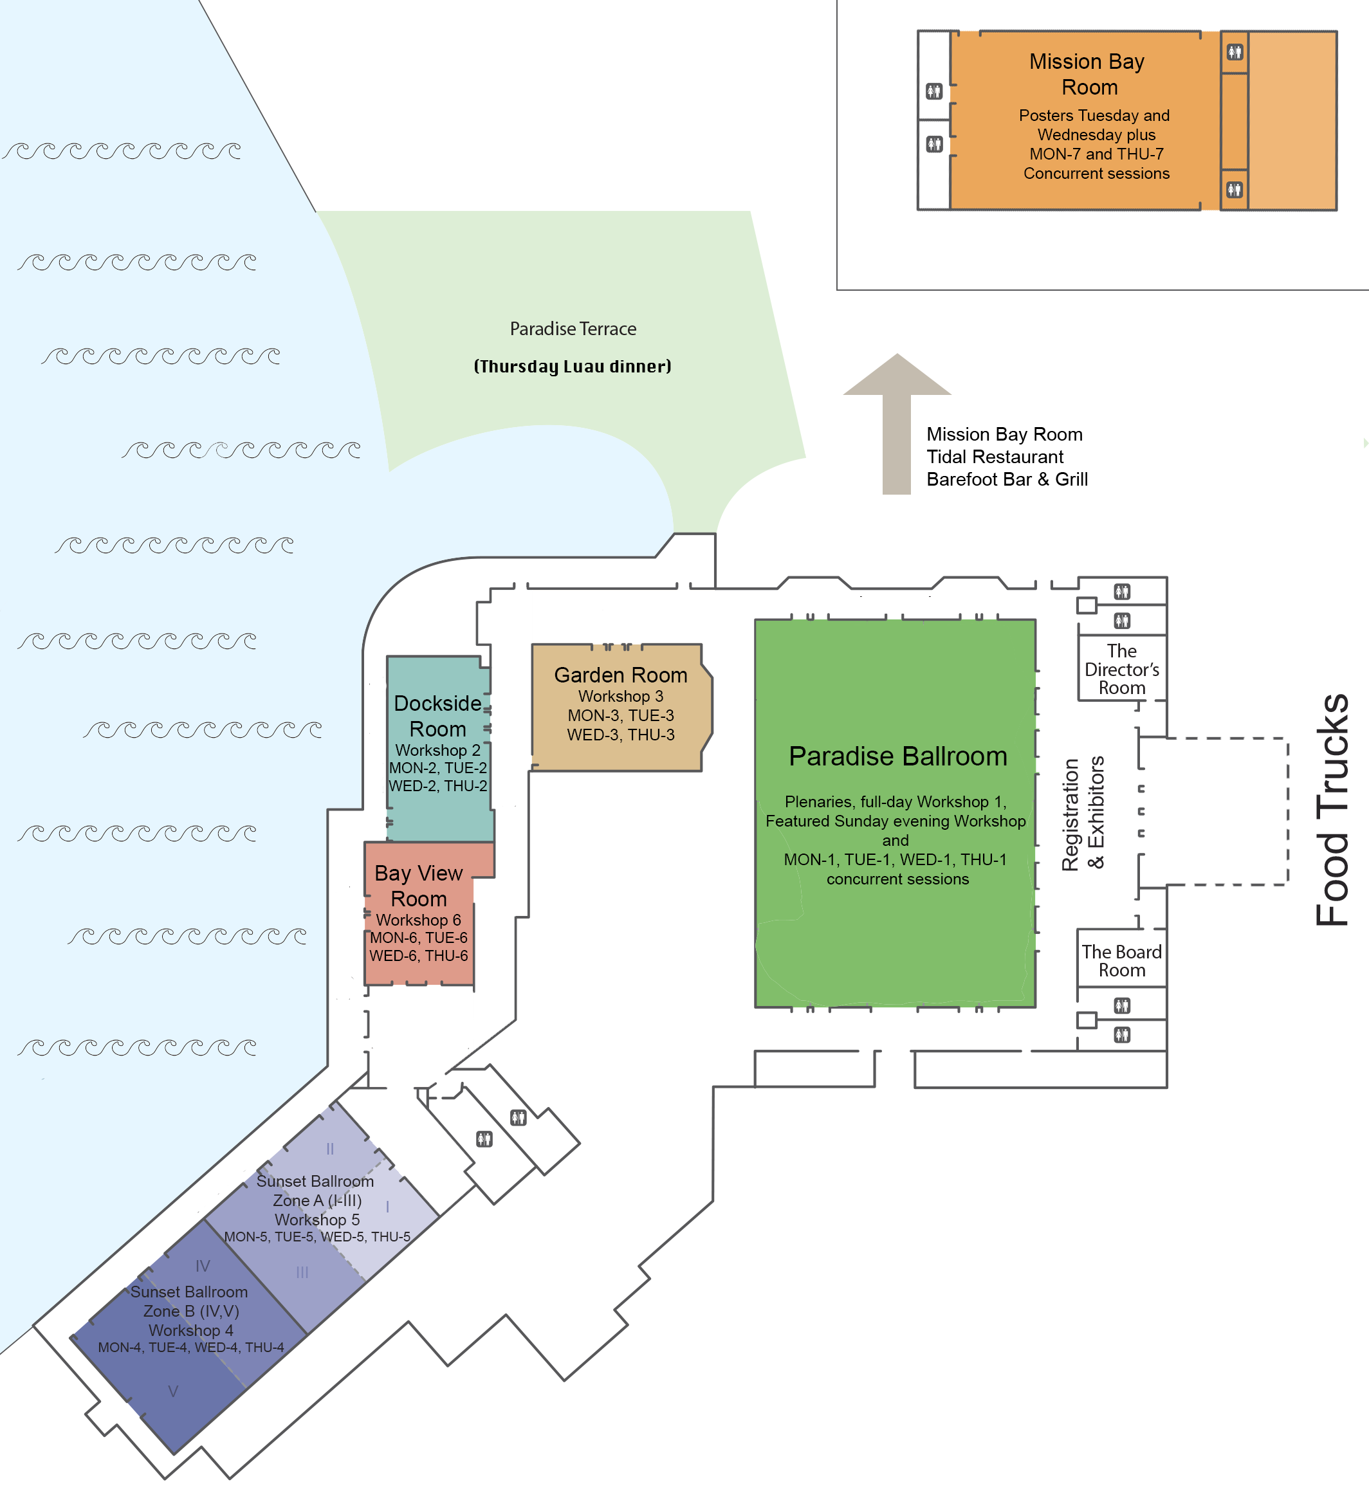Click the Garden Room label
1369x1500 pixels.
tap(621, 675)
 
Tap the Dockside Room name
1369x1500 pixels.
tap(437, 716)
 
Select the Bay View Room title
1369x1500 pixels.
tap(418, 886)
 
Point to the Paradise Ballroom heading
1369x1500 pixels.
tap(897, 756)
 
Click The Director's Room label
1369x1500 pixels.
tap(1122, 670)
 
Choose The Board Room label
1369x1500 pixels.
tap(1122, 962)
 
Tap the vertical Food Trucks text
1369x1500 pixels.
tap(1332, 810)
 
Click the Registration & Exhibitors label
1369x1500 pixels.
tap(1083, 813)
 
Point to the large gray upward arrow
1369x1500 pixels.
tap(897, 423)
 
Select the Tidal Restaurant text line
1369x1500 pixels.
tap(995, 457)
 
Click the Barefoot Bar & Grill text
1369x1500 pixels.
tap(1007, 479)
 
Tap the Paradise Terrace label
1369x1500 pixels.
tap(573, 329)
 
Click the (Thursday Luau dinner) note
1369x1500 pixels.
tap(573, 366)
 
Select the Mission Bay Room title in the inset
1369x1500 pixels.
tap(1087, 75)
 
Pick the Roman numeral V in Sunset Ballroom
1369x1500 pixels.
tap(173, 1391)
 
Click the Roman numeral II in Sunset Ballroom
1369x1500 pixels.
tap(329, 1149)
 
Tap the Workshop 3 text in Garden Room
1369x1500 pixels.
tap(621, 697)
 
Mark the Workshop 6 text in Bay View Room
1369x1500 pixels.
tap(418, 920)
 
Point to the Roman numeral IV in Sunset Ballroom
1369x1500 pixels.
tap(203, 1266)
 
